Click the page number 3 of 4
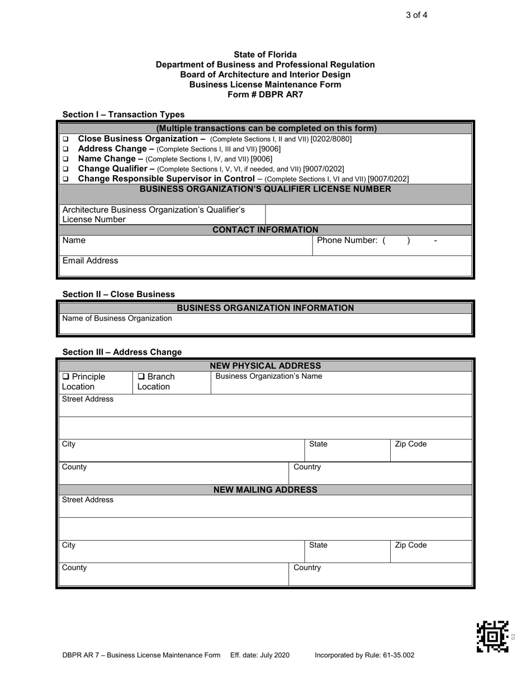pyautogui.click(x=416, y=15)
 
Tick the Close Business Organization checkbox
pyautogui.click(x=65, y=139)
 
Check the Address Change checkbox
pyautogui.click(x=65, y=149)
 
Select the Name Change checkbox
pyautogui.click(x=65, y=159)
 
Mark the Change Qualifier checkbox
pyautogui.click(x=65, y=169)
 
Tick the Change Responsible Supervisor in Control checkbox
pyautogui.click(x=65, y=179)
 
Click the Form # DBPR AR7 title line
pyautogui.click(x=265, y=94)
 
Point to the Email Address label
pyautogui.click(x=90, y=261)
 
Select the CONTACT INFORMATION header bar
pyautogui.click(x=265, y=230)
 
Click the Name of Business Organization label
pyautogui.click(x=117, y=318)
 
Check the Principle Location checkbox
pyautogui.click(x=65, y=377)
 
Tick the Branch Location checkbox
pyautogui.click(x=141, y=377)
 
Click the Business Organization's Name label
pyautogui.click(x=268, y=376)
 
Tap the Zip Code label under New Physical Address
pyautogui.click(x=410, y=444)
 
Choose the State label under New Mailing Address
pyautogui.click(x=318, y=545)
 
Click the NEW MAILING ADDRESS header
pyautogui.click(x=265, y=490)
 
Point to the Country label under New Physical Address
pyautogui.click(x=307, y=467)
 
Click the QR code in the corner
pyautogui.click(x=492, y=636)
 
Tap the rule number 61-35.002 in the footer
pyautogui.click(x=398, y=655)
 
